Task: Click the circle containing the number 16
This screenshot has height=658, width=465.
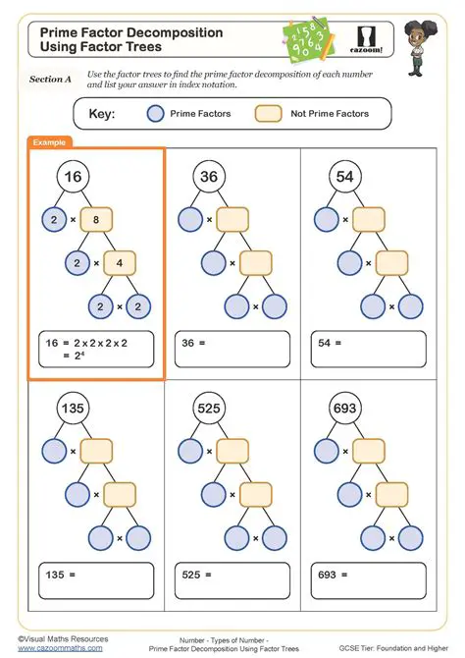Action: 73,177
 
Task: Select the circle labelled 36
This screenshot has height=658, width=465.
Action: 209,177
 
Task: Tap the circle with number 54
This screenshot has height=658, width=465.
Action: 344,177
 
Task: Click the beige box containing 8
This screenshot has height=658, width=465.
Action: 96,220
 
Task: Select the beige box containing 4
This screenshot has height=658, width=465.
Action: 120,263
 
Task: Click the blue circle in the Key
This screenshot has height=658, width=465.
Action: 155,114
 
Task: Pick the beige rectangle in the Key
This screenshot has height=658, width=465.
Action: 268,114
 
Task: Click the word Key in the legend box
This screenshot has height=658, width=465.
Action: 102,114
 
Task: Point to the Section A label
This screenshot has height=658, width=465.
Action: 50,79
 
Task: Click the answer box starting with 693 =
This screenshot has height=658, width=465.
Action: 367,578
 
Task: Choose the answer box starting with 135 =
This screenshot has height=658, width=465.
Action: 96,578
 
